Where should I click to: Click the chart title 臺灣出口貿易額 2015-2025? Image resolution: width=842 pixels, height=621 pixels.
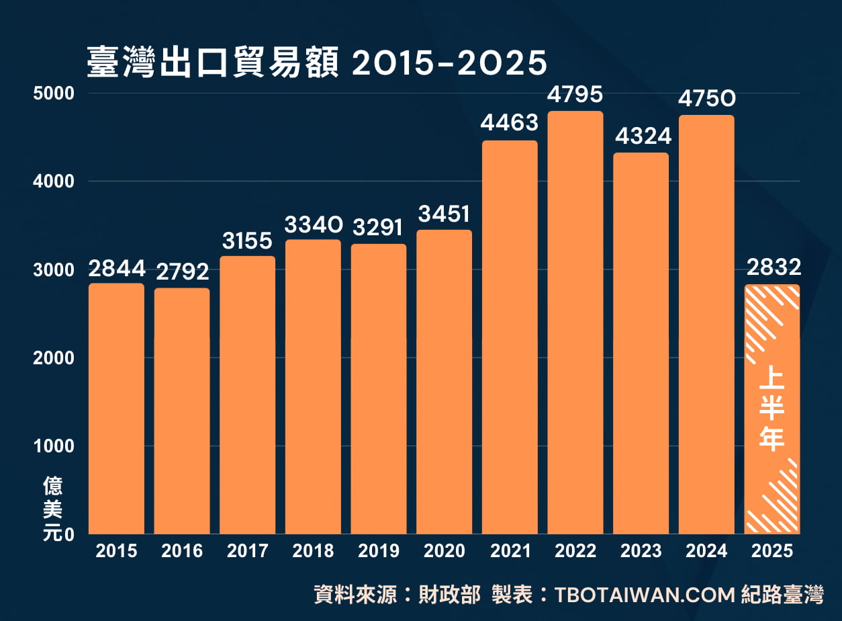point(317,63)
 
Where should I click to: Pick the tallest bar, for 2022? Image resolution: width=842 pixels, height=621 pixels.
point(575,323)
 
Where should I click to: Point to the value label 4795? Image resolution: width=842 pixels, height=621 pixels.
point(575,95)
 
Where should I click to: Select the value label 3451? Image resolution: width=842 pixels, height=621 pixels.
point(444,214)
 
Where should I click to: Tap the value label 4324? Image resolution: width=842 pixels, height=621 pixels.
point(641,136)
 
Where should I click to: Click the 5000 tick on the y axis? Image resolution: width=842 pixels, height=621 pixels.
point(53,93)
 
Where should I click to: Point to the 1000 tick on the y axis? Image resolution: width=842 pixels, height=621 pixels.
point(53,446)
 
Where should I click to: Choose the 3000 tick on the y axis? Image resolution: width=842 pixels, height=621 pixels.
point(53,270)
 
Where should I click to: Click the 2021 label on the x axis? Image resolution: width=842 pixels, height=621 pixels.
point(510,552)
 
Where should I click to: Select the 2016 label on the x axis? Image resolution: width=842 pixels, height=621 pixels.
point(182,552)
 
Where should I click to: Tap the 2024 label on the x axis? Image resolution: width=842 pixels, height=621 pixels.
point(706,552)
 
